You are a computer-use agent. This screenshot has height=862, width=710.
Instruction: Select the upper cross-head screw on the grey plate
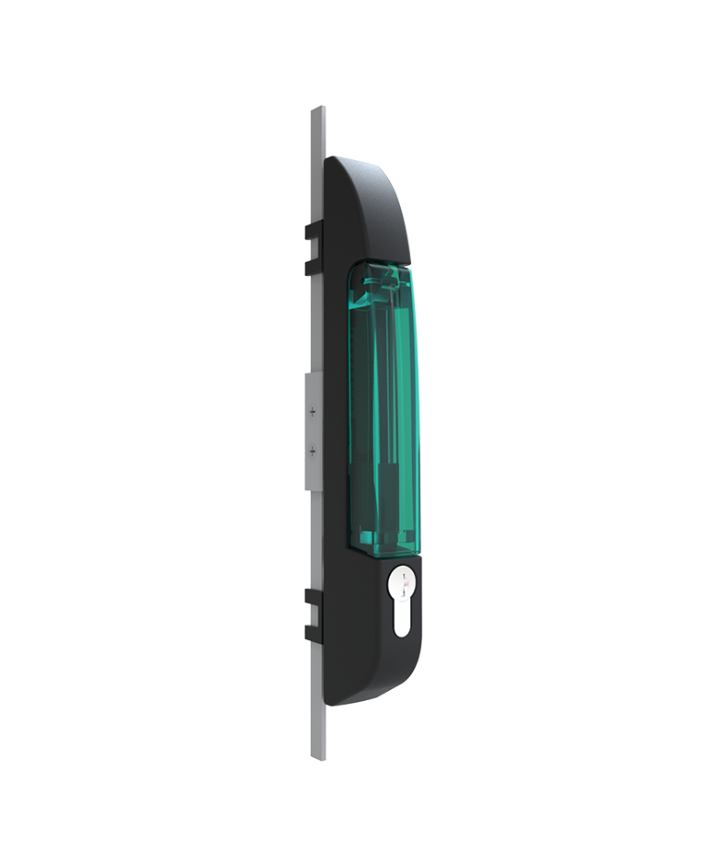point(313,412)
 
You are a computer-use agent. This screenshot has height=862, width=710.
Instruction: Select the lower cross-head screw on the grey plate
point(313,451)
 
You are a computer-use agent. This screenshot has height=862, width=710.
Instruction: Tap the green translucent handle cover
point(384,405)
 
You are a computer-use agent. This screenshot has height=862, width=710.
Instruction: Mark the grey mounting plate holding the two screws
point(312,431)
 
